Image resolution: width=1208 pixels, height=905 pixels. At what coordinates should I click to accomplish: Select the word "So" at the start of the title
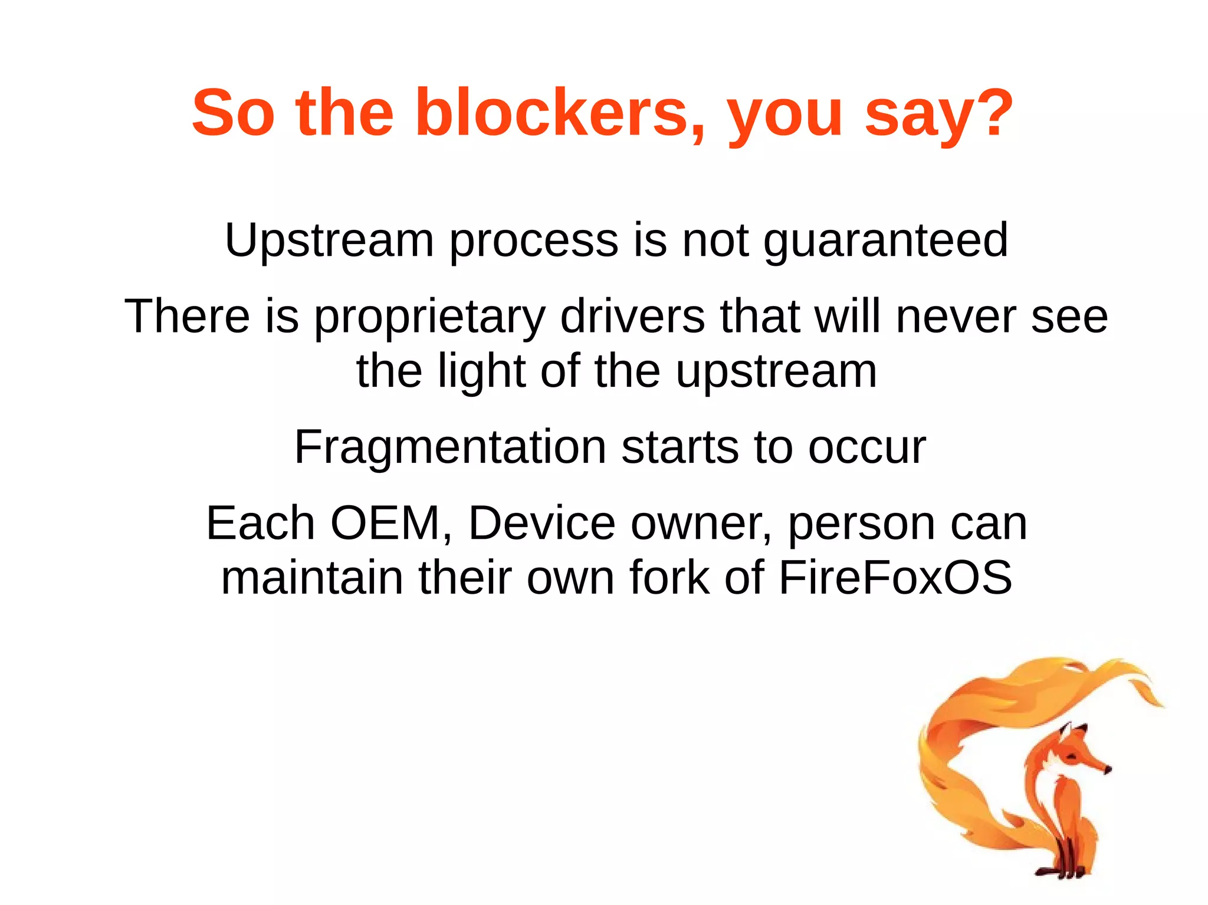coord(233,113)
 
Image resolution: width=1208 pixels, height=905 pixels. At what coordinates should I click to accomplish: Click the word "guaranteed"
coord(886,241)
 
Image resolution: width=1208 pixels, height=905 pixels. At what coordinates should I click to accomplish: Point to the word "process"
coord(534,241)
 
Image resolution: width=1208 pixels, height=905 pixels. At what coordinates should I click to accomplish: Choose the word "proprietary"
coord(429,318)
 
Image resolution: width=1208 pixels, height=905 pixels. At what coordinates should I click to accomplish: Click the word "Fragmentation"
coord(450,447)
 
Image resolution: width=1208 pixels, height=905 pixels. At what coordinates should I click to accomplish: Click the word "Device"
coord(541,523)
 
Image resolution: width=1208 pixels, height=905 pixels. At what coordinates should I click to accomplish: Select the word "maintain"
coord(312,577)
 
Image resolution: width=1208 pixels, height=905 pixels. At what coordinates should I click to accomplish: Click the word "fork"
coord(669,577)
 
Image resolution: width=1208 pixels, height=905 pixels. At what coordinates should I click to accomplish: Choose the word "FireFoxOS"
coord(895,577)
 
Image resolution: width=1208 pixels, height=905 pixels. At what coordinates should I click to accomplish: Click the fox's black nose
coord(1108,769)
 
